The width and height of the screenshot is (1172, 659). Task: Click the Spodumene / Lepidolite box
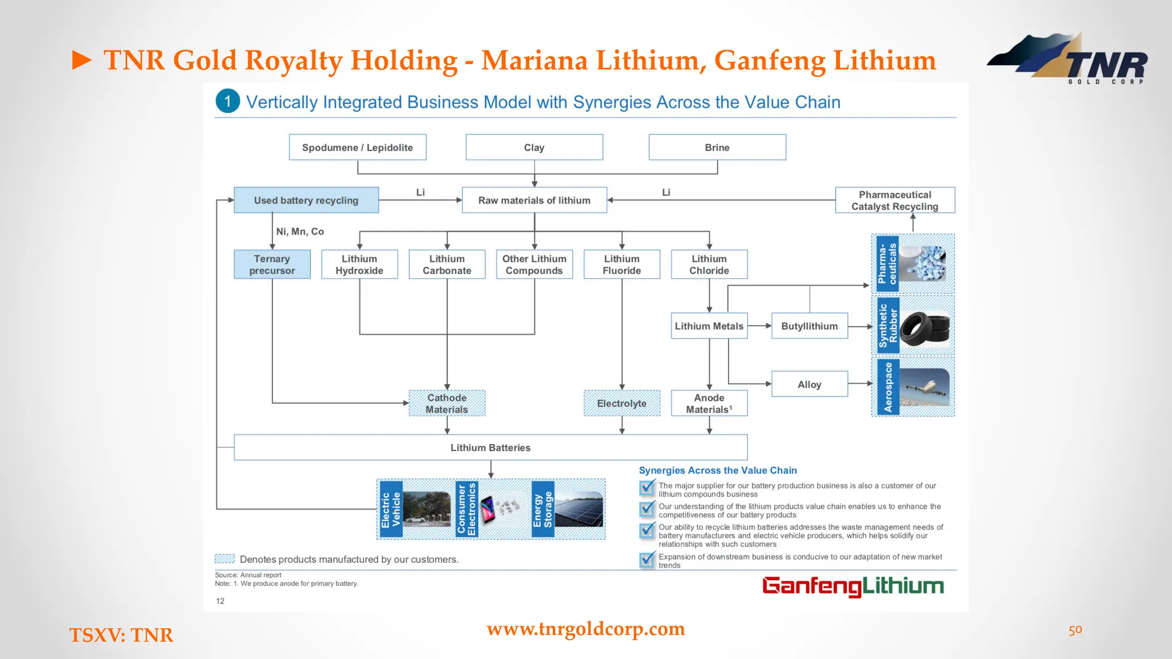coord(357,148)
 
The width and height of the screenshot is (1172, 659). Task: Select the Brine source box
coord(717,148)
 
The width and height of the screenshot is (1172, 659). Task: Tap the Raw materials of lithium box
coord(534,200)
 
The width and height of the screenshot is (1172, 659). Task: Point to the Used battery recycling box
coord(306,200)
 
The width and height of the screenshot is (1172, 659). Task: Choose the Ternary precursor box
coord(272,264)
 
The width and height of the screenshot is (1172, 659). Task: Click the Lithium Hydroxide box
coord(359,264)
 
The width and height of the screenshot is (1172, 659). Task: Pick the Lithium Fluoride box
coord(621,264)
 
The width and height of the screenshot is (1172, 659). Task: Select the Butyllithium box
coord(809,326)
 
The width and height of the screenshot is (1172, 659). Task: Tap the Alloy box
coord(809,384)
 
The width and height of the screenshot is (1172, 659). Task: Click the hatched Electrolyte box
coord(621,403)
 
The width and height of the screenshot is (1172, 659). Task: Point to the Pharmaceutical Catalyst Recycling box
coord(894,200)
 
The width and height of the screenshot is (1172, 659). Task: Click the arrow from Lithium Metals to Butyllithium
coord(759,326)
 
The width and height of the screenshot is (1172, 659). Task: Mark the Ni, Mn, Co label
coord(300,232)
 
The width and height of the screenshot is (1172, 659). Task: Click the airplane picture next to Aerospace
coord(924,387)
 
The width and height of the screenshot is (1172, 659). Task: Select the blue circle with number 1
coord(227,101)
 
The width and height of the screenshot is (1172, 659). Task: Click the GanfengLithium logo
coord(853,586)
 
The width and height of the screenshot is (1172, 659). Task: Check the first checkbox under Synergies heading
coord(647,488)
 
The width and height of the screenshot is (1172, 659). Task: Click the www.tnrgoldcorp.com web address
coord(585,629)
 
